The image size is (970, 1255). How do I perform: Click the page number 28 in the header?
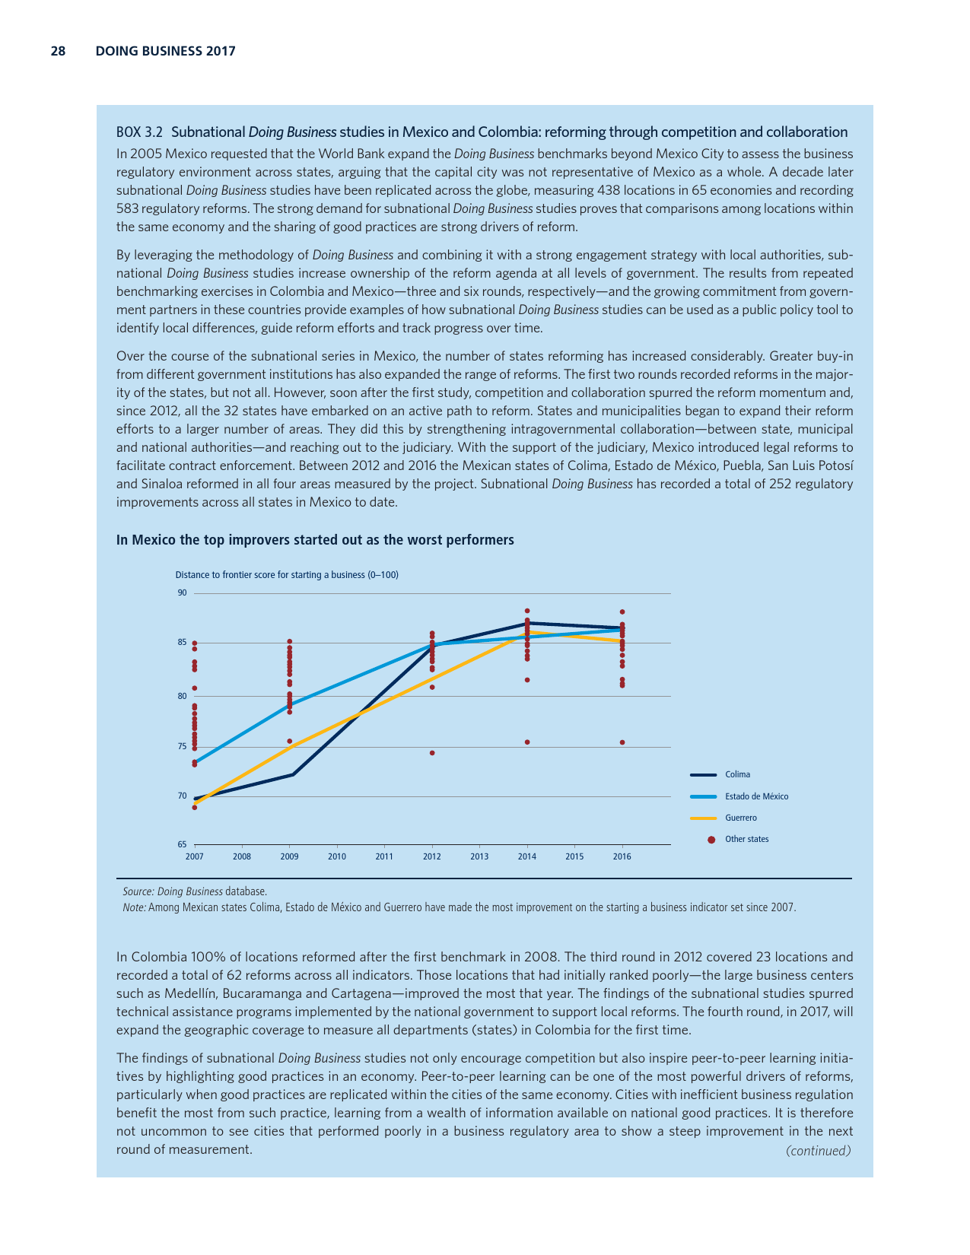coord(58,52)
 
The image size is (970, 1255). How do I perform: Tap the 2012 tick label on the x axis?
coord(431,856)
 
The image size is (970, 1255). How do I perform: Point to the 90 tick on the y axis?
coord(183,593)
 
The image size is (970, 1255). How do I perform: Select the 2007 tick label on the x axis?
coord(194,856)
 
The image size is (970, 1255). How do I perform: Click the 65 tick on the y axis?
coord(183,844)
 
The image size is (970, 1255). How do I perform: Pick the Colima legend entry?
coord(737,775)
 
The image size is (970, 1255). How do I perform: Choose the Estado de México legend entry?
coord(756,796)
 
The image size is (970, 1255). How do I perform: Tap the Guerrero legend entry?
coord(740,818)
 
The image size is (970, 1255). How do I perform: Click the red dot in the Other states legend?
coord(711,840)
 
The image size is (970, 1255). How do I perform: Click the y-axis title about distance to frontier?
coord(287,575)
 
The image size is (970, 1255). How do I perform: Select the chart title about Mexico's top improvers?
coord(315,540)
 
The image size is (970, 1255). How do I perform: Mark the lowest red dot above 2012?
coord(432,753)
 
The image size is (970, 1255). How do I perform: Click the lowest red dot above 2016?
coord(622,742)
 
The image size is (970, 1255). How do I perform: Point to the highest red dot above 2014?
coord(527,611)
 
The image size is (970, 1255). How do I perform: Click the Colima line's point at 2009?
coord(293,774)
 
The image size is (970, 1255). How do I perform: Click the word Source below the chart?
coord(137,891)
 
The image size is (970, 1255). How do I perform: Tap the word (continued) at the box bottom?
coord(818,1151)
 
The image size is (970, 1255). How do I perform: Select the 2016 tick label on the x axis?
coord(622,856)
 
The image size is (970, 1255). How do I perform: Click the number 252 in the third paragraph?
coord(781,484)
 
